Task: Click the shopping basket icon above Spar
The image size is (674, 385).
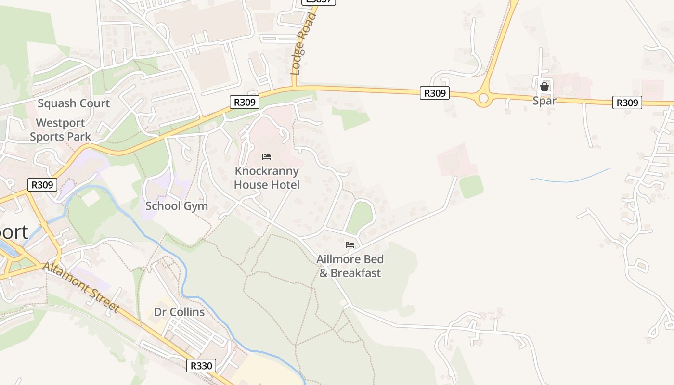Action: pyautogui.click(x=544, y=87)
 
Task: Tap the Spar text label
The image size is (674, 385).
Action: pyautogui.click(x=544, y=101)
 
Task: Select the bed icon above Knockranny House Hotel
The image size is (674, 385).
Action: pyautogui.click(x=267, y=157)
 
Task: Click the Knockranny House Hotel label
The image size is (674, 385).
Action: pyautogui.click(x=267, y=178)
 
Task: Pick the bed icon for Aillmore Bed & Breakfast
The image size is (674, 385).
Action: pyautogui.click(x=350, y=245)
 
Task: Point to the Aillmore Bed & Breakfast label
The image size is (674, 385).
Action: pyautogui.click(x=350, y=266)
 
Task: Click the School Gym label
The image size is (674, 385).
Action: pyautogui.click(x=177, y=206)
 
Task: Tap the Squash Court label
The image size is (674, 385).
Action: pyautogui.click(x=74, y=103)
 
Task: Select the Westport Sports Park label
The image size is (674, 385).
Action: pyautogui.click(x=60, y=130)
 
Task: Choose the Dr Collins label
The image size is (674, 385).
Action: pyautogui.click(x=179, y=312)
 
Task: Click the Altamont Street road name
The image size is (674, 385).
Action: pyautogui.click(x=81, y=287)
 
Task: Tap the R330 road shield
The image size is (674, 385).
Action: pyautogui.click(x=201, y=366)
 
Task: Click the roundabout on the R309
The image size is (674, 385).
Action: pyautogui.click(x=483, y=99)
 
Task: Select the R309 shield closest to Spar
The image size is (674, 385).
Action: pyautogui.click(x=627, y=103)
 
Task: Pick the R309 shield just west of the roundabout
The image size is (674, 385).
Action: pyautogui.click(x=435, y=93)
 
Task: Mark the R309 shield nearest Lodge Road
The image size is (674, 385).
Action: pyautogui.click(x=245, y=102)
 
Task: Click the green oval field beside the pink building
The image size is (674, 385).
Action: pyautogui.click(x=471, y=187)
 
